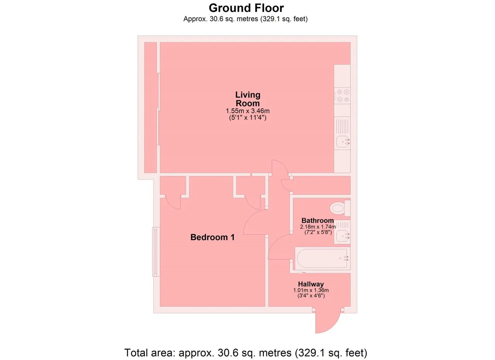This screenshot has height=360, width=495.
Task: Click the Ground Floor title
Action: click(x=246, y=8)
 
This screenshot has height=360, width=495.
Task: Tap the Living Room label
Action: click(x=248, y=99)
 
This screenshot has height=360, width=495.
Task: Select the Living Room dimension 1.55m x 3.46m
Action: click(x=247, y=111)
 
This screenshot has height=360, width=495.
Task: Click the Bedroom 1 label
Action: click(x=212, y=237)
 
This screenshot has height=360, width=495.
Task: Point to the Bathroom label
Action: click(x=317, y=220)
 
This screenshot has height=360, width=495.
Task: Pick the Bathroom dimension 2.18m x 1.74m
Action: click(x=318, y=227)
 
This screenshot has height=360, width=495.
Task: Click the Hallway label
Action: click(x=311, y=284)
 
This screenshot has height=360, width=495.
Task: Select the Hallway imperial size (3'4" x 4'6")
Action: click(x=311, y=296)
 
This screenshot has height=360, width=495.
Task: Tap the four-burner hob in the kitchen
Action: click(x=342, y=96)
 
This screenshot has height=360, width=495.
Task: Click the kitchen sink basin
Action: click(x=343, y=142)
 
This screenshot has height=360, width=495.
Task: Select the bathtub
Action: click(x=323, y=258)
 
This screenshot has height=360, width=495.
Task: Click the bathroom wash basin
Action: click(x=342, y=236)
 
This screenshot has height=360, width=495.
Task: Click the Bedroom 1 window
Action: click(x=156, y=252)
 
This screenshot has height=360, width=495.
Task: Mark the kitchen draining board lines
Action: click(x=343, y=126)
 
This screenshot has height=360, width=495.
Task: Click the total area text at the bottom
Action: click(x=246, y=353)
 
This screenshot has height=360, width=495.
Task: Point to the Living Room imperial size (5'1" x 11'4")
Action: click(x=248, y=117)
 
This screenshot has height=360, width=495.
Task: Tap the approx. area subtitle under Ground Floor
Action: click(x=246, y=19)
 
